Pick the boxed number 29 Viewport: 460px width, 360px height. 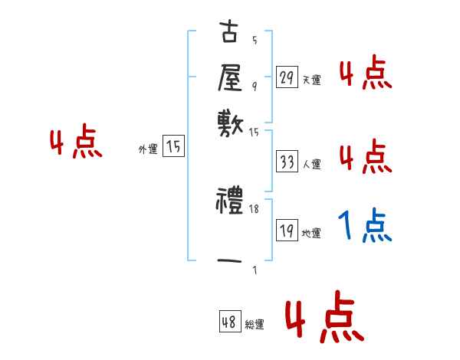click(x=287, y=77)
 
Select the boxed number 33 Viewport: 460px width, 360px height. click(x=287, y=162)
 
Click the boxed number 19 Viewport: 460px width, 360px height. click(x=287, y=231)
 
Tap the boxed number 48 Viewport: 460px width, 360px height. click(x=229, y=322)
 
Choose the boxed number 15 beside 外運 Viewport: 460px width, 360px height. click(x=173, y=147)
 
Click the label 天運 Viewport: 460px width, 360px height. click(x=311, y=80)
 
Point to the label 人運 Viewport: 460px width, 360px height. click(x=311, y=164)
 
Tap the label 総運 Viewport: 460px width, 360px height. click(x=255, y=325)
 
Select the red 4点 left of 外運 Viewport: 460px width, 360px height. click(x=76, y=143)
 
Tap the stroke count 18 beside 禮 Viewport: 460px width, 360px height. click(x=255, y=208)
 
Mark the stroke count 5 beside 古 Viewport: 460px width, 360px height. click(x=255, y=41)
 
